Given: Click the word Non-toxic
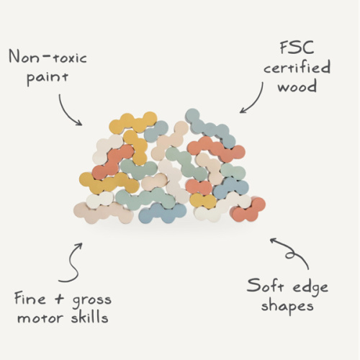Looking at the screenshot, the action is [x=48, y=57].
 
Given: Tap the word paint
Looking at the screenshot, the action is [x=48, y=77].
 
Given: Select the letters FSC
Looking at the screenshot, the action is [x=297, y=48].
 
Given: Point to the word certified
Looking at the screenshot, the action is [x=297, y=67].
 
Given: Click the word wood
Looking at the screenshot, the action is [x=297, y=86].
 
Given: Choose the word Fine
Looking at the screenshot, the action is [x=30, y=298].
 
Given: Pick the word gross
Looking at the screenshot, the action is [x=91, y=300].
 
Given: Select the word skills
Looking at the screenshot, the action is [x=89, y=317].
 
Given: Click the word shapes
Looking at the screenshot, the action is [x=287, y=306].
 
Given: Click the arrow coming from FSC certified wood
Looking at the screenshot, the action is [x=257, y=101].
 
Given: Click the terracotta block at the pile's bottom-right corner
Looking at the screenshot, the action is [x=248, y=210].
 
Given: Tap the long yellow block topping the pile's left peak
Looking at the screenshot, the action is [x=132, y=122].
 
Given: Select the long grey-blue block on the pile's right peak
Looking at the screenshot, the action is [x=210, y=128].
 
